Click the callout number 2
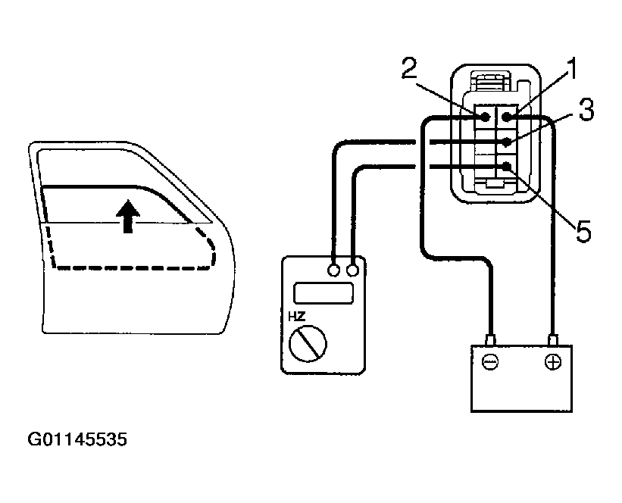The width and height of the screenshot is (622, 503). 410,70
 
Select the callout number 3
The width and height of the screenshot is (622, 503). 585,110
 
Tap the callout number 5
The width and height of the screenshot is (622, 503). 583,230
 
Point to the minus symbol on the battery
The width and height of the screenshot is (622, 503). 490,362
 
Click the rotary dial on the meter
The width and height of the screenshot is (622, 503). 308,345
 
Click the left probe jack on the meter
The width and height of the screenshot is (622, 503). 334,270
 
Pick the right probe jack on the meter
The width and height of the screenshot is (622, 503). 352,270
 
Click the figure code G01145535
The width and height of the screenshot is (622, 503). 77,439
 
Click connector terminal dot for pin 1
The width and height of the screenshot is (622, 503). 505,117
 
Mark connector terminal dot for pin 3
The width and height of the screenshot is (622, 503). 505,142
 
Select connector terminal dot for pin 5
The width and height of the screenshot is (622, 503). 505,166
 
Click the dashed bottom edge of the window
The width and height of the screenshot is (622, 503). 129,267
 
